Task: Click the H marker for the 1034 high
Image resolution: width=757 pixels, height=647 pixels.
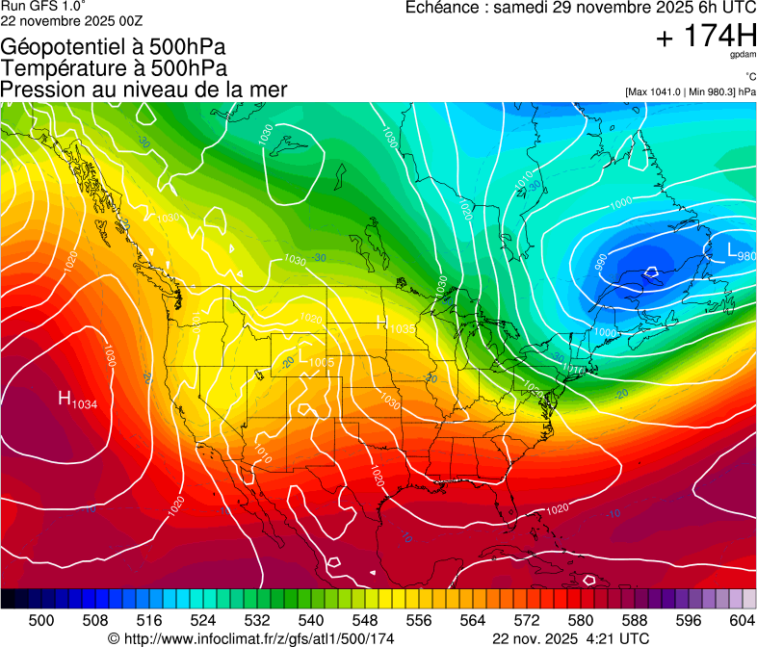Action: (65, 398)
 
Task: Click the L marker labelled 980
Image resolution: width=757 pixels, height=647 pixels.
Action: (732, 252)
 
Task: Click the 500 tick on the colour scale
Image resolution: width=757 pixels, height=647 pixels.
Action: (41, 619)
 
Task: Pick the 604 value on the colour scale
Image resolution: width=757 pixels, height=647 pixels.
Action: (742, 619)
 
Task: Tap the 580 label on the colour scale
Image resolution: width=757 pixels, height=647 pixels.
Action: (581, 619)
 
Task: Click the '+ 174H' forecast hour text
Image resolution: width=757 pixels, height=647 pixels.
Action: (705, 38)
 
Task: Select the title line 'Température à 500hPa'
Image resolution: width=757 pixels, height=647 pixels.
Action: (114, 68)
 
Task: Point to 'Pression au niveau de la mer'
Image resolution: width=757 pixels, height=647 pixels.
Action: (144, 90)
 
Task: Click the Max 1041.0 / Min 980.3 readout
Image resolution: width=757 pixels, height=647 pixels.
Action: (690, 91)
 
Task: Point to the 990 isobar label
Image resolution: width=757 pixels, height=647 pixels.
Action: (600, 261)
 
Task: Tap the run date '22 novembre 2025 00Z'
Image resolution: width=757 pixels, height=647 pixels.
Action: (69, 19)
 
